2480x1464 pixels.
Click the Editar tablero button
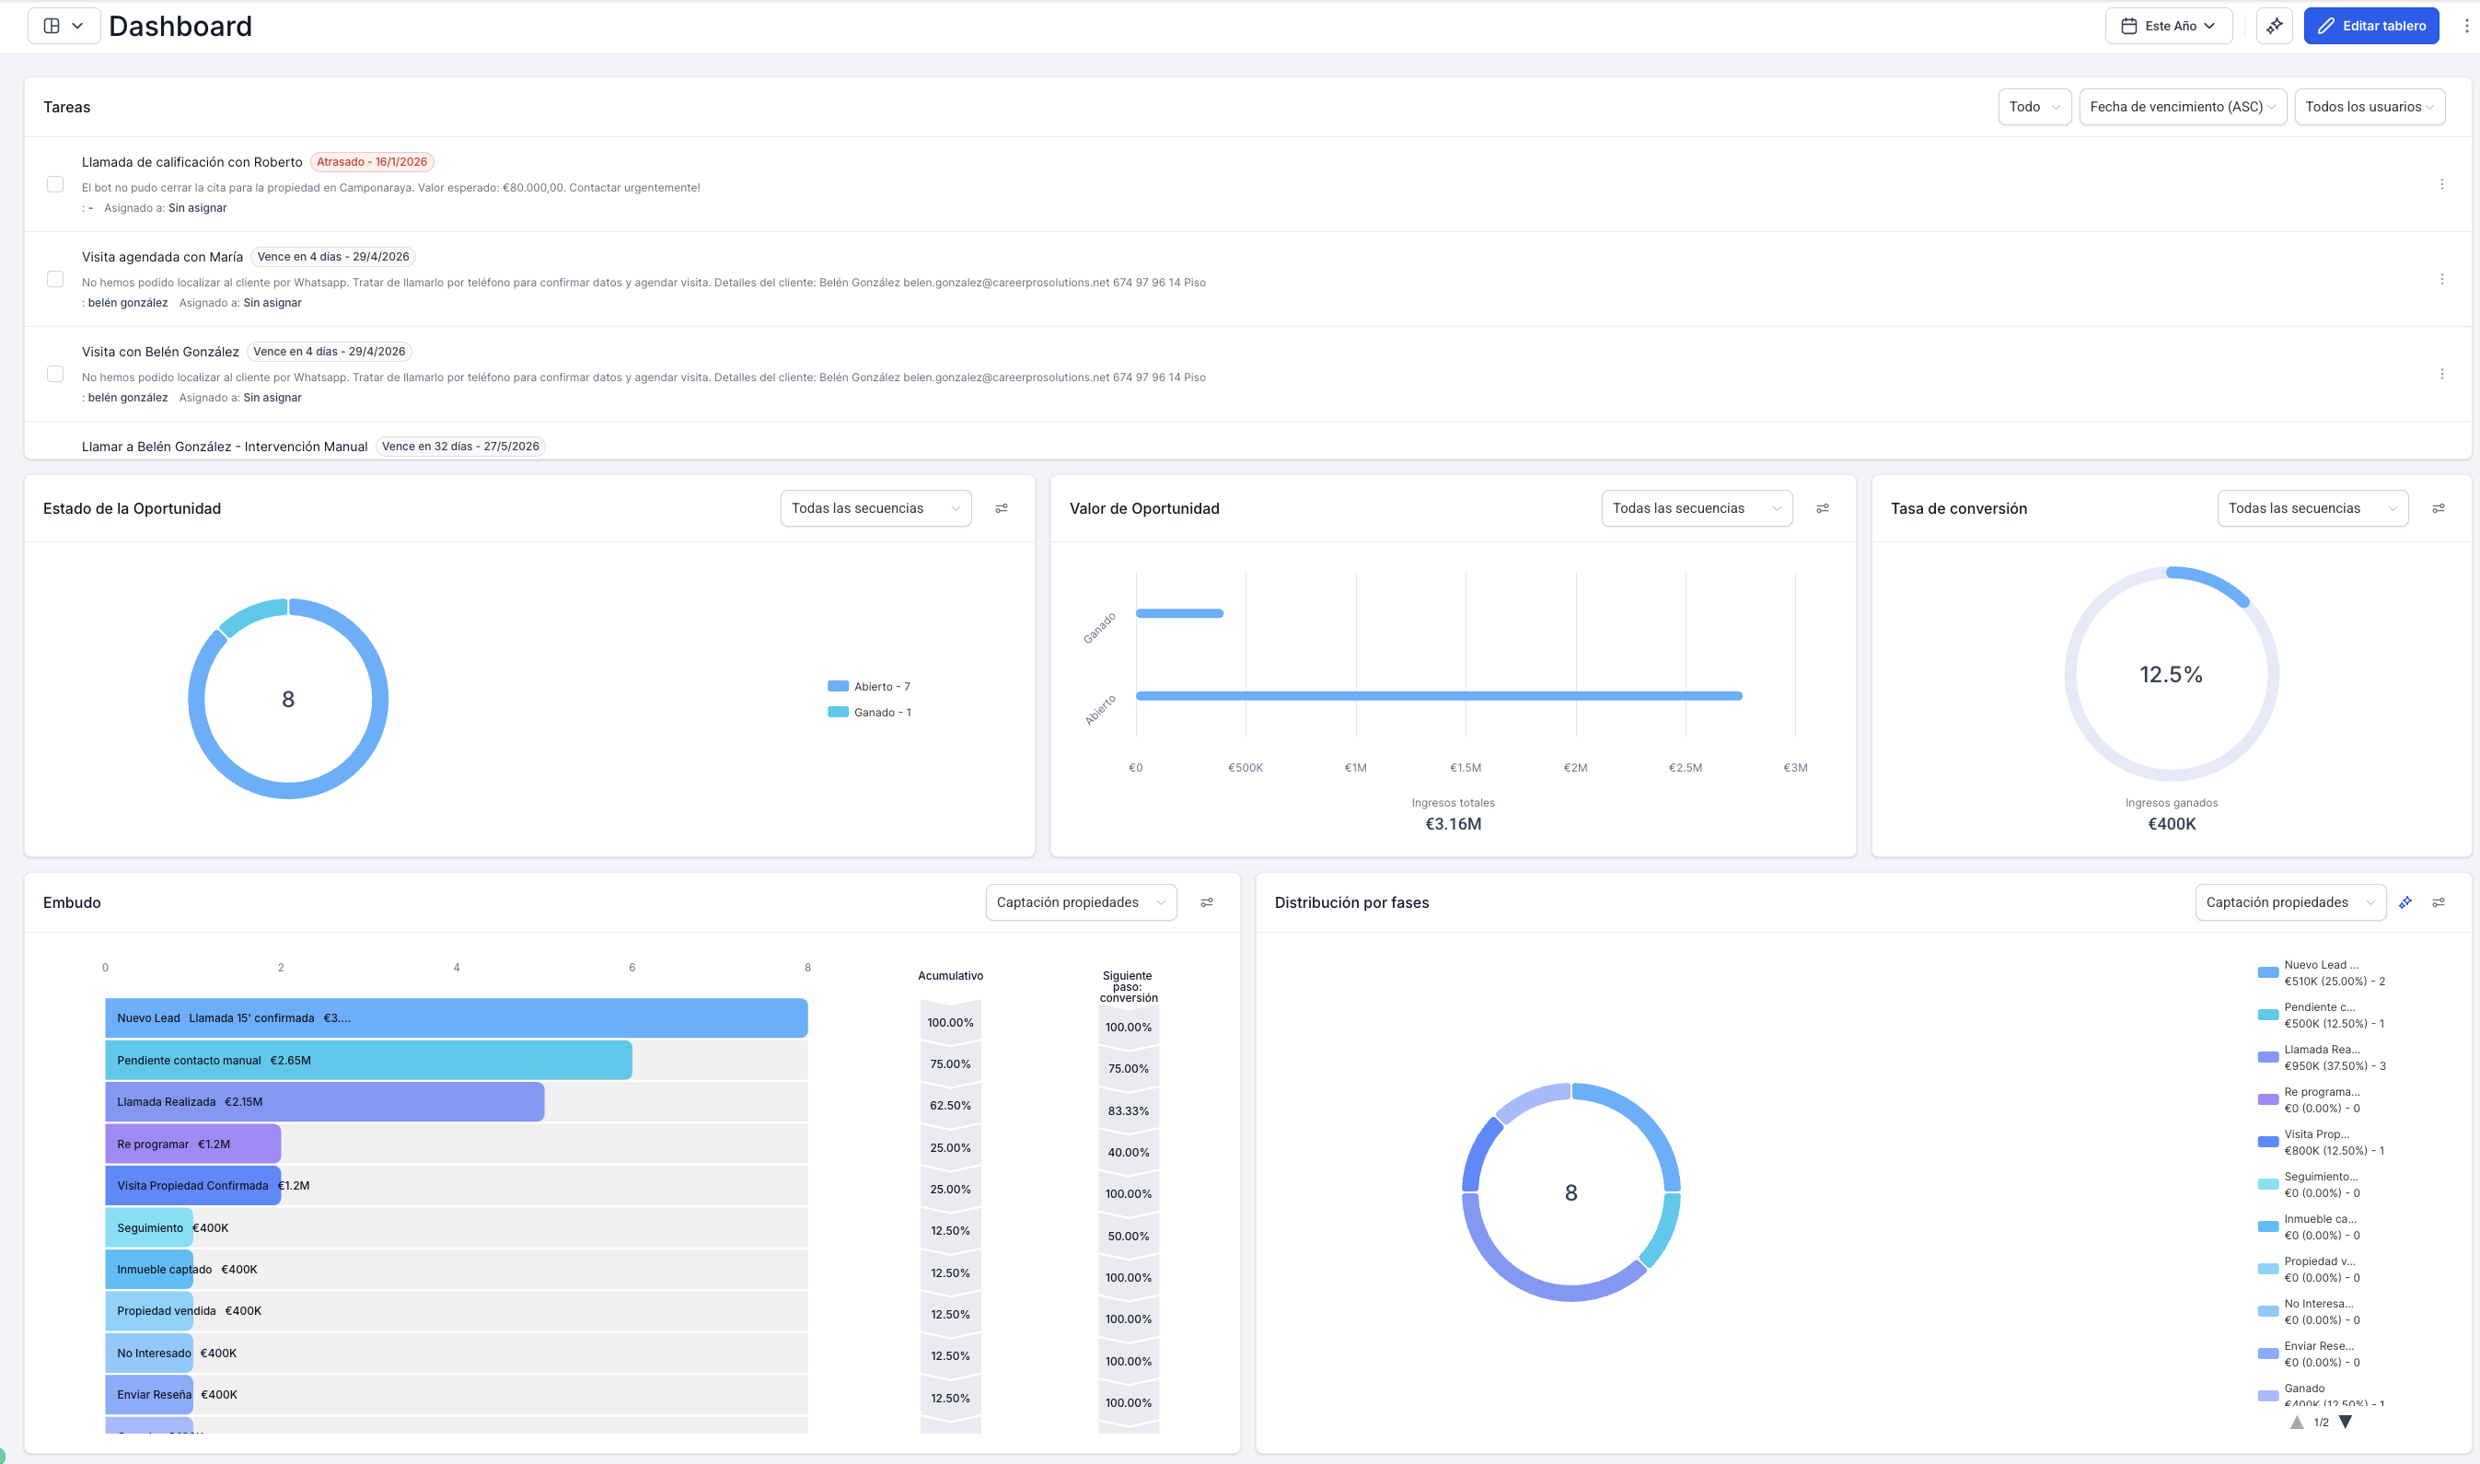click(x=2370, y=26)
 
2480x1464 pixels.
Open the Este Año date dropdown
click(x=2169, y=26)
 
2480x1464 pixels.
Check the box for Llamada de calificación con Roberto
click(x=55, y=184)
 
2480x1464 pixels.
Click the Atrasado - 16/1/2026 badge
click(x=372, y=162)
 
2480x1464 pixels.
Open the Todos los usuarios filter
click(x=2369, y=107)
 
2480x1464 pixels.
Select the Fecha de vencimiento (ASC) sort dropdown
click(x=2181, y=107)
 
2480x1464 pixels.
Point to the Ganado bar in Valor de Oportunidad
click(x=1179, y=613)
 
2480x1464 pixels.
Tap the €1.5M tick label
click(x=1466, y=768)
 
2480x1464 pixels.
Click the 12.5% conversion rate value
click(x=2171, y=675)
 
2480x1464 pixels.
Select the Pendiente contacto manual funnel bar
click(x=368, y=1061)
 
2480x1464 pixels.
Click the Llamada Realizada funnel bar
click(x=324, y=1102)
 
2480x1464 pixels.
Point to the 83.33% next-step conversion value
click(x=1128, y=1110)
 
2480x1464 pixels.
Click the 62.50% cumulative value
click(x=950, y=1106)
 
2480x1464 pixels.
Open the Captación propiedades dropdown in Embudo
click(x=1080, y=902)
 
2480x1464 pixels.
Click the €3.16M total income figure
click(x=1453, y=824)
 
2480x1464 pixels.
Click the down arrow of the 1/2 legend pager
click(x=2346, y=1423)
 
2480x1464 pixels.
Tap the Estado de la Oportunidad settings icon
click(x=1001, y=508)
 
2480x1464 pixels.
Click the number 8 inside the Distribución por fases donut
click(x=1570, y=1192)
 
